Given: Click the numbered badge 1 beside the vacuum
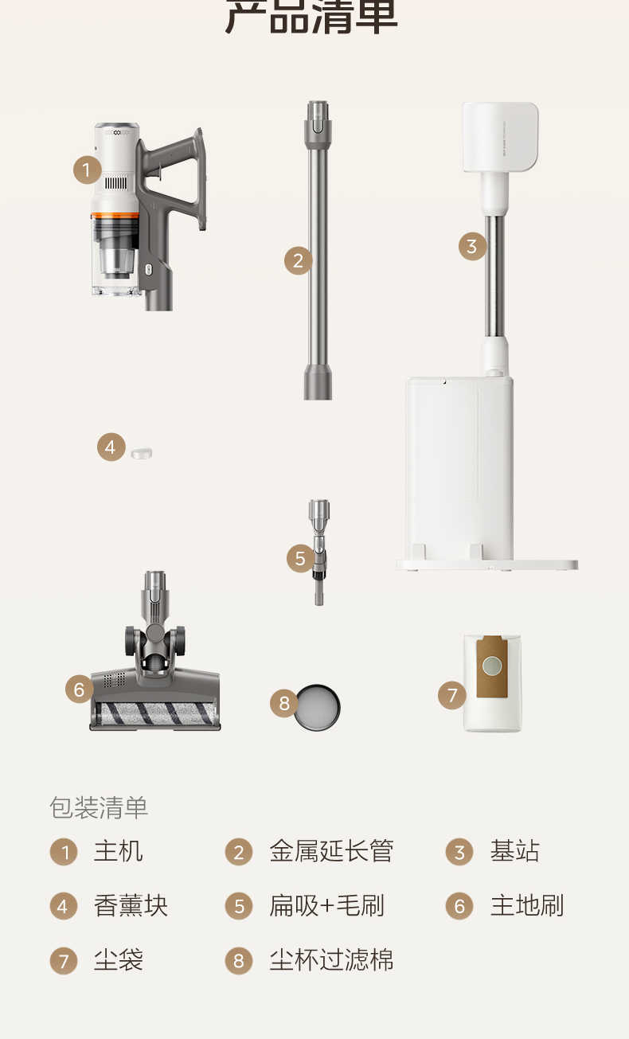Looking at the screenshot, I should pos(87,170).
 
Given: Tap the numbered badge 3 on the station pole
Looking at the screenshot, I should pos(472,246).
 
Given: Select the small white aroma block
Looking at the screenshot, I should pos(142,453).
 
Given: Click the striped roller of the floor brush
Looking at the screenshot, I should pos(154,712).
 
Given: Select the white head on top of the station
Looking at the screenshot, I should pos(500,137).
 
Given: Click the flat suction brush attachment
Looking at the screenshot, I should pos(319,551).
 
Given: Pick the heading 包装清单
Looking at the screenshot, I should pos(99,807).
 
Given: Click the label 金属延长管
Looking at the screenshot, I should pos(331,851).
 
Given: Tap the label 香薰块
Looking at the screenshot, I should pos(131,905).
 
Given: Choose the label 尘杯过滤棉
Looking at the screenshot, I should pos(331,959).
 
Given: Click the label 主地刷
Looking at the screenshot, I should pos(526,905).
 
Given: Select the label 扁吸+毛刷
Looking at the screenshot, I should pos(326,905).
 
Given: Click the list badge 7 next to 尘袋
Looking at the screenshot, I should pos(64,960).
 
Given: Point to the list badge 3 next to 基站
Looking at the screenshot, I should pos(459,852).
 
